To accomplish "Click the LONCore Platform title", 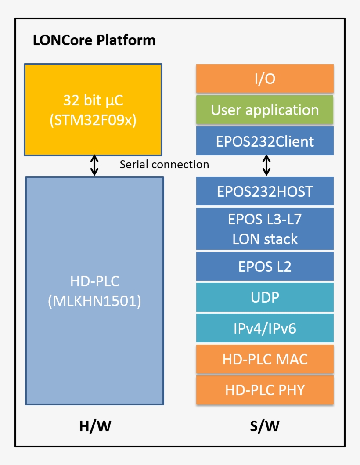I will pyautogui.click(x=94, y=40).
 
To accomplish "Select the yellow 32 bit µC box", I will pyautogui.click(x=93, y=110).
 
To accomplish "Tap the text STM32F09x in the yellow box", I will pyautogui.click(x=93, y=120).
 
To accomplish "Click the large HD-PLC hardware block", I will pyautogui.click(x=94, y=290).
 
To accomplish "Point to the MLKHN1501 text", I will pyautogui.click(x=94, y=302).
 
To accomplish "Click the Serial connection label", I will pyautogui.click(x=164, y=165).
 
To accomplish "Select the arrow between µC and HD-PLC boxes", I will pyautogui.click(x=94, y=166).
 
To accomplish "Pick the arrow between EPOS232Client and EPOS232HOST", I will pyautogui.click(x=266, y=166).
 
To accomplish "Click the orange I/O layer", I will pyautogui.click(x=265, y=79).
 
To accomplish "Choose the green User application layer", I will pyautogui.click(x=265, y=110).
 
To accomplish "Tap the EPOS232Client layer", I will pyautogui.click(x=265, y=141).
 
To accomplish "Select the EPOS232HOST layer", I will pyautogui.click(x=265, y=191).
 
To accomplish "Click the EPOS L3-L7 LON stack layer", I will pyautogui.click(x=265, y=229).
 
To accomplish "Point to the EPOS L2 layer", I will pyautogui.click(x=265, y=267).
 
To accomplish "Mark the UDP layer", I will pyautogui.click(x=265, y=297).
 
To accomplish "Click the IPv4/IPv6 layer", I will pyautogui.click(x=265, y=328).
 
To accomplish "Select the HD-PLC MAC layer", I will pyautogui.click(x=265, y=359).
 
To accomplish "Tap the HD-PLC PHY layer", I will pyautogui.click(x=265, y=390).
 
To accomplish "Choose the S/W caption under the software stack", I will pyautogui.click(x=265, y=425).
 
